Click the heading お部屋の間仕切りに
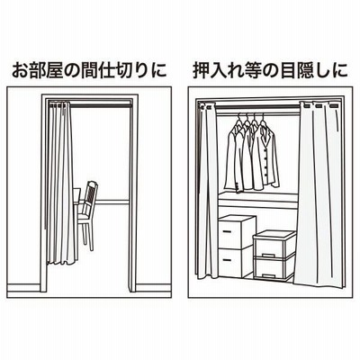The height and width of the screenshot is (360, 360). click(x=89, y=70)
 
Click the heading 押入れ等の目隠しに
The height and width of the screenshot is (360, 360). click(x=270, y=70)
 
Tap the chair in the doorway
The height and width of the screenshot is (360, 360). click(x=86, y=214)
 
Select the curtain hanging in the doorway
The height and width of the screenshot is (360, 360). click(x=61, y=183)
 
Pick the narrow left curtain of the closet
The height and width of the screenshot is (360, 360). click(x=207, y=192)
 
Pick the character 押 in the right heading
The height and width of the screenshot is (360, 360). click(x=201, y=70)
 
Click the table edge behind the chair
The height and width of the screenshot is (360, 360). click(x=76, y=196)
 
